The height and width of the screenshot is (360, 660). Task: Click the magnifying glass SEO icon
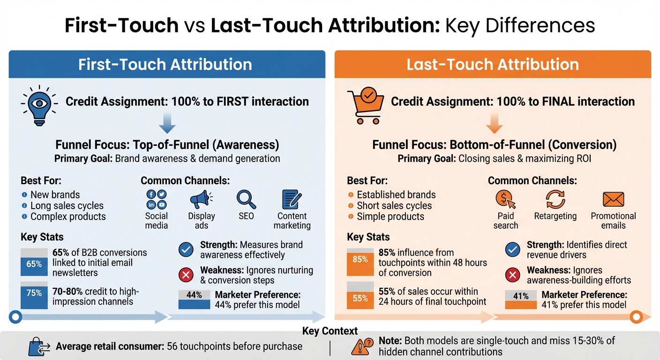[246, 199]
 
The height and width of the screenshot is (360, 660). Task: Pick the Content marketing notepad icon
[292, 199]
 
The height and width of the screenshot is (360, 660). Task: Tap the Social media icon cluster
[157, 199]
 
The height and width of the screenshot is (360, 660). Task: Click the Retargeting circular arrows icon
[555, 199]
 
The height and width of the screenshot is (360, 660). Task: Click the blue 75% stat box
[34, 294]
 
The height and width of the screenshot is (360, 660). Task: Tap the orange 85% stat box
[360, 261]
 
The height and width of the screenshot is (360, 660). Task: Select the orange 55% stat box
[360, 296]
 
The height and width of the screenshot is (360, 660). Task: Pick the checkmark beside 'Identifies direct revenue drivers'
[512, 250]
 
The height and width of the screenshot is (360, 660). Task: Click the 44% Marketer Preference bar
[194, 300]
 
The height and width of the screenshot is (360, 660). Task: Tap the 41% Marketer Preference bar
[520, 300]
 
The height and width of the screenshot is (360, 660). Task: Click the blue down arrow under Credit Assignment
[167, 124]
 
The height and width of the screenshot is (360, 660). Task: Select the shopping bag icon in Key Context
[37, 347]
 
